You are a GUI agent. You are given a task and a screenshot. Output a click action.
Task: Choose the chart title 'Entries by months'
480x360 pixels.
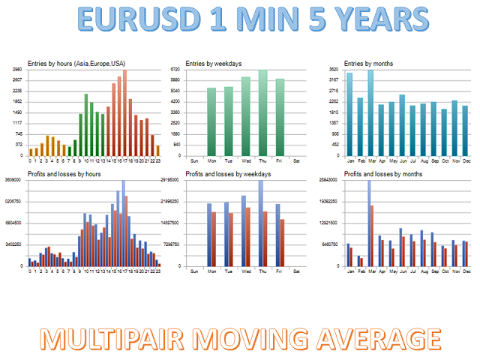(x=368, y=63)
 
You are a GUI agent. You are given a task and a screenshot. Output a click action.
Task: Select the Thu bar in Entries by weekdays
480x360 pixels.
(x=262, y=112)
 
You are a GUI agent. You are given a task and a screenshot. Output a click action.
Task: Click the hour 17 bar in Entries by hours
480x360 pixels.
(x=124, y=112)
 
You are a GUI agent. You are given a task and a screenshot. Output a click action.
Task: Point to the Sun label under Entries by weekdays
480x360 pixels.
(x=195, y=161)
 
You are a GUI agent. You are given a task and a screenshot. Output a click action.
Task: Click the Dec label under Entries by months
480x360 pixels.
(x=465, y=161)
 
